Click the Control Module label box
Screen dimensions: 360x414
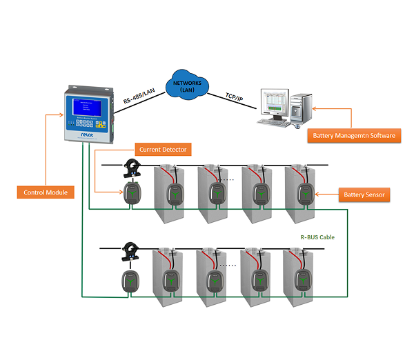pyautogui.click(x=45, y=192)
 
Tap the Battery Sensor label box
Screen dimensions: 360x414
pyautogui.click(x=365, y=194)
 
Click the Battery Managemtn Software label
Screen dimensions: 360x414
pyautogui.click(x=354, y=135)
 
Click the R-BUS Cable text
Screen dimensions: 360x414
pyautogui.click(x=317, y=237)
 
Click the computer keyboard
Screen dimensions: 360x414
pyautogui.click(x=273, y=122)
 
